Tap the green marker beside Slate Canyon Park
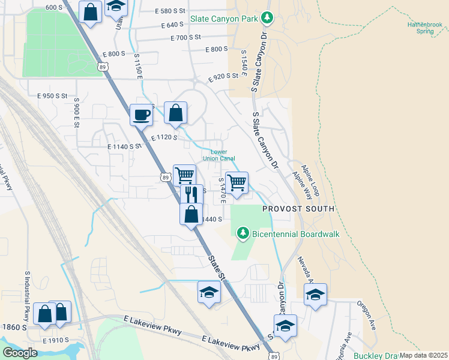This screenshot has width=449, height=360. tap(267, 19)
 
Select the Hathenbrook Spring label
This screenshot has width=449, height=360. tap(424, 28)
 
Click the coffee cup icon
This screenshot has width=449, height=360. tap(142, 115)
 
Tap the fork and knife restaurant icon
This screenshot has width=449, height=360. tap(191, 194)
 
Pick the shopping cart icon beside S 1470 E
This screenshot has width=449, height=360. tap(237, 182)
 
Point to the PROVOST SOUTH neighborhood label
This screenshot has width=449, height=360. tap(298, 209)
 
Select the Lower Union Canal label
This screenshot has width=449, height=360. tap(219, 155)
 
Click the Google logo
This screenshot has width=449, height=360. tap(20, 352)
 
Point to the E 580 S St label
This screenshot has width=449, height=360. tap(170, 11)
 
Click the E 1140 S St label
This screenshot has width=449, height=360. tap(124, 146)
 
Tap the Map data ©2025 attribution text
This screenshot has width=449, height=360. tap(423, 355)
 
